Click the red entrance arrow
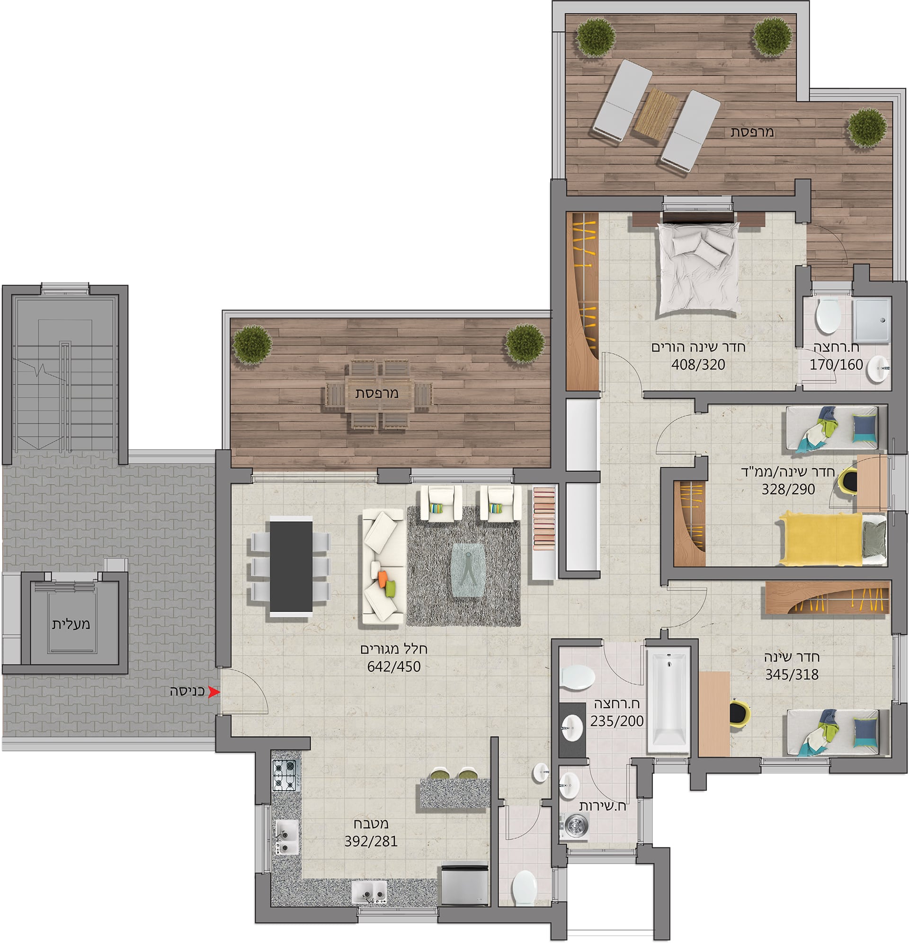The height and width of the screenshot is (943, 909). (x=214, y=692)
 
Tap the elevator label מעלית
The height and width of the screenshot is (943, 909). (x=71, y=624)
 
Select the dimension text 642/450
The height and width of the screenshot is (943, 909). (x=393, y=667)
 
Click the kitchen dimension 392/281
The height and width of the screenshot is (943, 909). (x=371, y=842)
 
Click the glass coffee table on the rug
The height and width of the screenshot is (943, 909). (x=468, y=570)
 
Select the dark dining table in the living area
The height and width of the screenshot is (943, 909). (x=291, y=566)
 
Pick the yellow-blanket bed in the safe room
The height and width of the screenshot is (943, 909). (x=833, y=539)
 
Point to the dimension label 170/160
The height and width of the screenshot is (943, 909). (x=836, y=365)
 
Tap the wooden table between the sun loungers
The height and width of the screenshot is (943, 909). (x=656, y=115)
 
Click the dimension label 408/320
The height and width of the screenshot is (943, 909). (x=698, y=365)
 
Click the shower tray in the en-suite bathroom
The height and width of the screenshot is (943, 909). (x=872, y=320)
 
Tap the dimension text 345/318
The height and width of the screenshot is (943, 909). (x=792, y=675)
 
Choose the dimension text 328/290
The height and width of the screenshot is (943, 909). (x=788, y=489)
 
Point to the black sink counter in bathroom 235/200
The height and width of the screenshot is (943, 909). (x=572, y=730)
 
